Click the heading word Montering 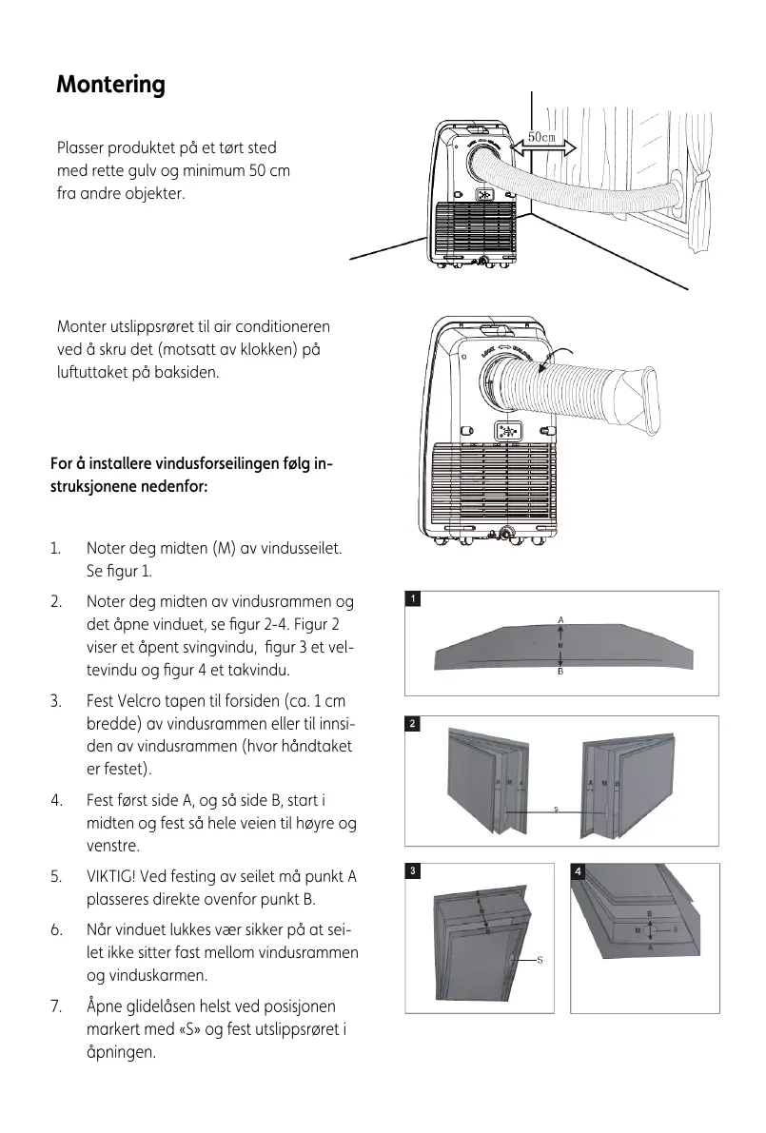pos(110,85)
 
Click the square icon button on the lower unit pos(505,431)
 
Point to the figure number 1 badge pos(413,598)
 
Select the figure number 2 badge pos(413,724)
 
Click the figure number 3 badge pos(412,870)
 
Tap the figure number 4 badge pos(579,870)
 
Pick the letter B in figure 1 pos(561,672)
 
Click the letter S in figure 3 pos(540,960)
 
